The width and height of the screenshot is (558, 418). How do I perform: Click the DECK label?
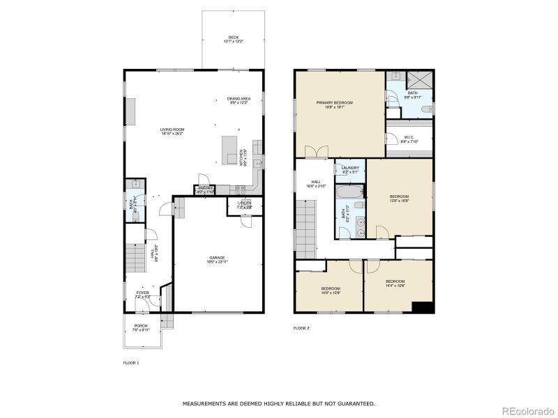(232, 40)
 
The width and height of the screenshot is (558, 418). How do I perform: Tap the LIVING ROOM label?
(172, 131)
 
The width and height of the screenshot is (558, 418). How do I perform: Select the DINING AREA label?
(239, 100)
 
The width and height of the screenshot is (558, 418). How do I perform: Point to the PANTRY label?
(206, 189)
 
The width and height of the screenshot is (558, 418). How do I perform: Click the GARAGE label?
(216, 259)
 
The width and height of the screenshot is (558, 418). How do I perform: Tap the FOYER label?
(142, 295)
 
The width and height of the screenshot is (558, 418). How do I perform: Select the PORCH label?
(140, 327)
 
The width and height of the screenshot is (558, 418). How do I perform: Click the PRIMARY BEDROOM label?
(335, 105)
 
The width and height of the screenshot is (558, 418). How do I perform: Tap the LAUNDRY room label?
(350, 169)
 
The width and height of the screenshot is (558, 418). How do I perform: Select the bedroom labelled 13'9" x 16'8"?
(399, 199)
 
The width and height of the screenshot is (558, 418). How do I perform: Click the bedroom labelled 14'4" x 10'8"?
(395, 283)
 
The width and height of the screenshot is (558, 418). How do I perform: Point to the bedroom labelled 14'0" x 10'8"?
(331, 290)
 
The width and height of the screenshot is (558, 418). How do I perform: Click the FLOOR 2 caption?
(301, 327)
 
